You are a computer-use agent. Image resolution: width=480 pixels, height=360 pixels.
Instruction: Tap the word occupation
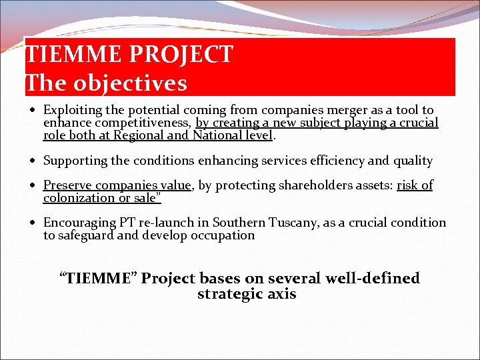pos(222,235)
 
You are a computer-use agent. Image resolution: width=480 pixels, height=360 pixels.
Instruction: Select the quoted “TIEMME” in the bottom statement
pos(98,278)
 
